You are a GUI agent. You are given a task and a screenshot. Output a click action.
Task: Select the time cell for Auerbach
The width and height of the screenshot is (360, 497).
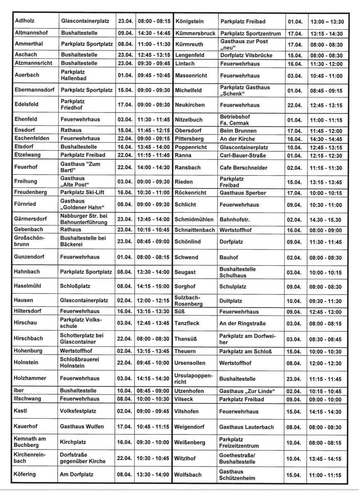tap(153, 75)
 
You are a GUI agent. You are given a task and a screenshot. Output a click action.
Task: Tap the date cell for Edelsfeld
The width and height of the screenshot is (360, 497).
tap(125, 104)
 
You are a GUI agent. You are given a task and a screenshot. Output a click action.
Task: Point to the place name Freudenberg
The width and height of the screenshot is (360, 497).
tap(31, 192)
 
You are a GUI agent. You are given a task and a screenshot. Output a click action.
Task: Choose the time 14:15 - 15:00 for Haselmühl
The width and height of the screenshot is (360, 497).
tap(153, 286)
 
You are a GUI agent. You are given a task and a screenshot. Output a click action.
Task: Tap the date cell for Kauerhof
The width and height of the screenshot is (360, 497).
tap(125, 426)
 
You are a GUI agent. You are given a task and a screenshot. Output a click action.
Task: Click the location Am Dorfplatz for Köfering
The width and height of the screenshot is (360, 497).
tap(77, 474)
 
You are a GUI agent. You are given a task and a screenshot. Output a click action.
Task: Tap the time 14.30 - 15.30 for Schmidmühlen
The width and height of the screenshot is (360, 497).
tap(326, 220)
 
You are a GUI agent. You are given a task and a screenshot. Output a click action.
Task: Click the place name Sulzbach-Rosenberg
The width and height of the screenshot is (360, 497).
tap(189, 301)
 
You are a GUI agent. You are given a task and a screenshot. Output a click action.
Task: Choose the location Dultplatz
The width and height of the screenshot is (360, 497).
tap(231, 301)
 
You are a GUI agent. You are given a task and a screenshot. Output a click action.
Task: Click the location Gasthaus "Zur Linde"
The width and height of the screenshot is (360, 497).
tap(247, 391)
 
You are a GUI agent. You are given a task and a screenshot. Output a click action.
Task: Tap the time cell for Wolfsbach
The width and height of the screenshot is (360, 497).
tap(326, 475)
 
